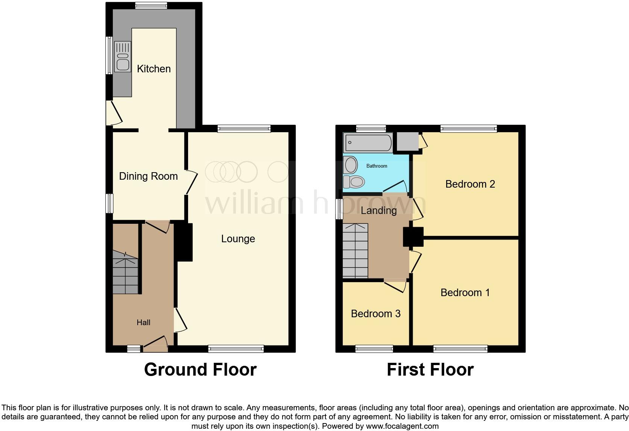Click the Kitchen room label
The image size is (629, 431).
pos(153,69)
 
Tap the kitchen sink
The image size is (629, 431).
pos(123,57)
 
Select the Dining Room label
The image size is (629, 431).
pos(148,176)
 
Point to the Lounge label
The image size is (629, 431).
pos(238,239)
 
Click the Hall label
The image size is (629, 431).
pos(143,322)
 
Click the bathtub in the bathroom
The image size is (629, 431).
pos(368,143)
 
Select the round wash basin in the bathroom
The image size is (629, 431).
pos(351,165)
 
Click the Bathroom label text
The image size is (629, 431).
pos(377,166)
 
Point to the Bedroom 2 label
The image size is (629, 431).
pos(470,184)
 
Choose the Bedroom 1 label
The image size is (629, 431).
pos(465,293)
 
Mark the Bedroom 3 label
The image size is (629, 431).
pos(375,314)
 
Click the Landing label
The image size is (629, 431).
pos(378,211)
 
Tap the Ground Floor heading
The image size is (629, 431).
pos(200,370)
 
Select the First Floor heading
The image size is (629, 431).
pos(430,370)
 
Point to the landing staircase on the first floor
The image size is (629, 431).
pos(355,251)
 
